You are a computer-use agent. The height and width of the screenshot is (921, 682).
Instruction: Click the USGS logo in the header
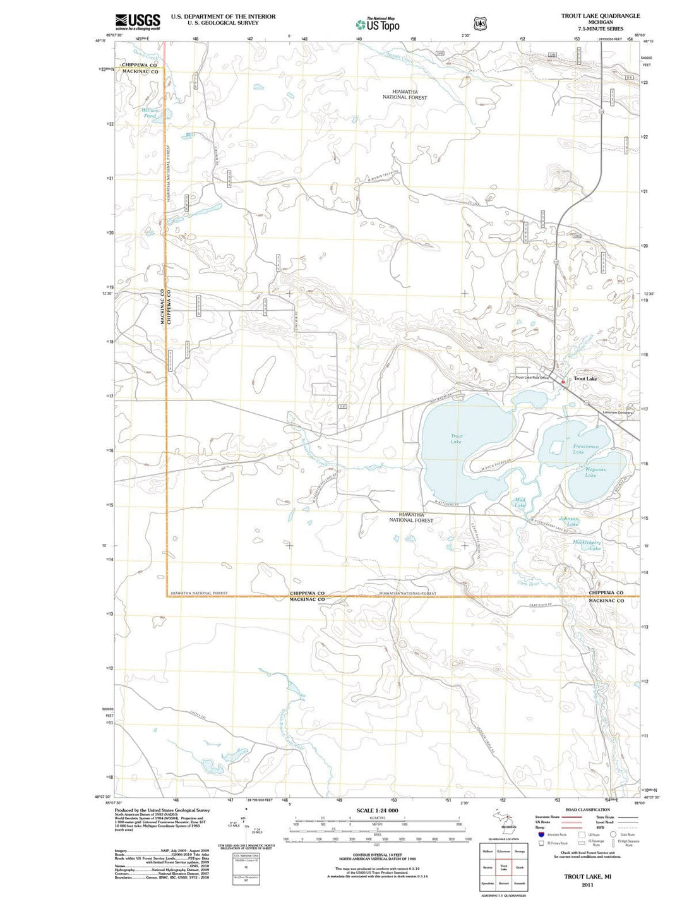pos(137,21)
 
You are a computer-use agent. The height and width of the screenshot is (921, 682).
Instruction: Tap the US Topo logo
pos(378,25)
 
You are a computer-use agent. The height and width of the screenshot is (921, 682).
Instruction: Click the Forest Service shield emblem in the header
pos(481,23)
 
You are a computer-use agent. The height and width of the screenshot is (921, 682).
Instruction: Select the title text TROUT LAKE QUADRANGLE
pos(600,15)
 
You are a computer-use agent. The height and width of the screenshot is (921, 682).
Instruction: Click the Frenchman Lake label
pos(585,449)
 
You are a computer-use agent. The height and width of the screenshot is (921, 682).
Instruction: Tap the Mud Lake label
pos(520,503)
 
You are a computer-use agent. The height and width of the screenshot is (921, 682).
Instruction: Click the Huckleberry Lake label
pos(587,545)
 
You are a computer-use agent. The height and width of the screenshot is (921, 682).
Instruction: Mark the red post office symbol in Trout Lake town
pos(564,382)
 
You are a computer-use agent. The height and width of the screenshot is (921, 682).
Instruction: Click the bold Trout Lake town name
pos(585,379)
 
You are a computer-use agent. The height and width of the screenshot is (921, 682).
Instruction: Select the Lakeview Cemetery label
pos(618,412)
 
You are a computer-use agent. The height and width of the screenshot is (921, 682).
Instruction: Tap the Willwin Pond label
pos(150,113)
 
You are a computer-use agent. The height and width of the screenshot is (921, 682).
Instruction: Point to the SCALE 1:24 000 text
pos(377,810)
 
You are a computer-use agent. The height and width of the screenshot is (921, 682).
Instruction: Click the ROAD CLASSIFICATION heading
pos(587,810)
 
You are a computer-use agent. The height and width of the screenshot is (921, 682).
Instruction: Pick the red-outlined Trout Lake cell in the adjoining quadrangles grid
pos(503,867)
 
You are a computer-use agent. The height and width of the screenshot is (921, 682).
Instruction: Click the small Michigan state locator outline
pos(503,820)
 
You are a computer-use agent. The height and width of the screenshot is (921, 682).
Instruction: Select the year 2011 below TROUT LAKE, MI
pos(587,884)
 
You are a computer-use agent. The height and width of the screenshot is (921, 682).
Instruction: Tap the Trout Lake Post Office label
pos(532,378)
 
